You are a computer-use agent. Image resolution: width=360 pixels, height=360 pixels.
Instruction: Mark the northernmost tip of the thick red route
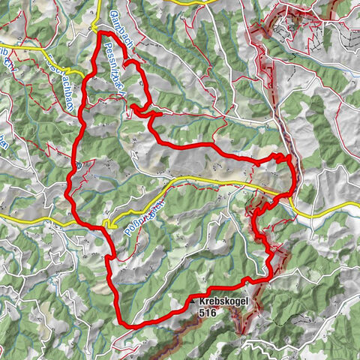click(x=100, y=31)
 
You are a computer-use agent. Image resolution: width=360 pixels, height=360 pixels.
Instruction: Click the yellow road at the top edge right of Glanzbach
click(x=187, y=2)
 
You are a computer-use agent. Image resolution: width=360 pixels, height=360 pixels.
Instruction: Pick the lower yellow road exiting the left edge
click(x=3, y=217)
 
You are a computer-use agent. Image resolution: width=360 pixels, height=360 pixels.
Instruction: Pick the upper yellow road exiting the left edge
click(x=3, y=46)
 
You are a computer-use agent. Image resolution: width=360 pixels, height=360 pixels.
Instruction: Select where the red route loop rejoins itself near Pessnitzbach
click(x=133, y=107)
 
